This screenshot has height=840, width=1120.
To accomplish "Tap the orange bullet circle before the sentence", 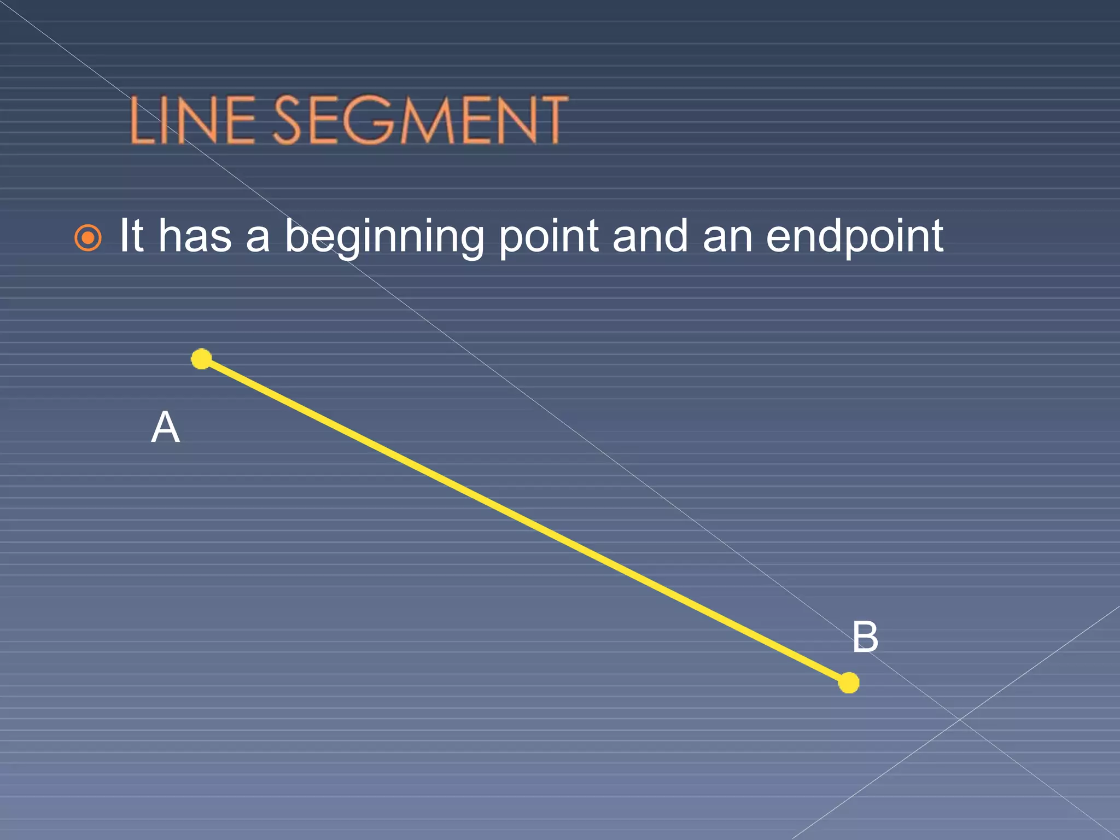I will tap(88, 238).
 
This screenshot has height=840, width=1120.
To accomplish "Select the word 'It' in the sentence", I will tap(131, 236).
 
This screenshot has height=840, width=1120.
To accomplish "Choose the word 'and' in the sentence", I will tap(650, 236).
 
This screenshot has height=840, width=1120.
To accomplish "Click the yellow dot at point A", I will tap(201, 359).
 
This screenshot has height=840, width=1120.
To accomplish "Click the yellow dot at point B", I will tap(849, 682).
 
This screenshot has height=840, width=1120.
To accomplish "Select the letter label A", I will tap(165, 427).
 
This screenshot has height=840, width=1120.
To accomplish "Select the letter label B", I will tap(865, 637).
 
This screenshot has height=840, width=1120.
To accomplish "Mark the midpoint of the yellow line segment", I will tap(525, 521).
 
